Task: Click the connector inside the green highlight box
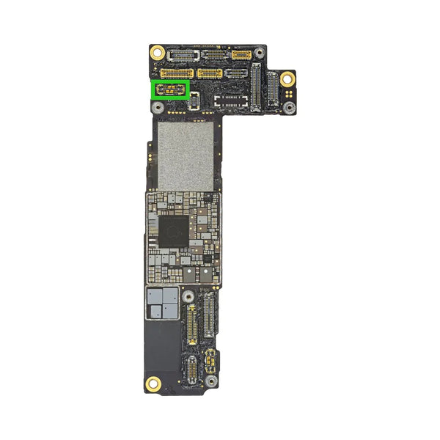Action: coord(171,89)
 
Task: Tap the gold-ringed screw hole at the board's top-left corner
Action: coord(157,53)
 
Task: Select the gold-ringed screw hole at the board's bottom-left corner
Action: coord(153,382)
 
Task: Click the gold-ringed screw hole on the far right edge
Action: coord(287,78)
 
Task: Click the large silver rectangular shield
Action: coord(186,155)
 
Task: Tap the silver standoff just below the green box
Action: coord(158,107)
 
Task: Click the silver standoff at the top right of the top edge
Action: coord(257,52)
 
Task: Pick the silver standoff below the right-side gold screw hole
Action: coord(290,108)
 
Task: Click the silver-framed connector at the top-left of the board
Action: coord(178,55)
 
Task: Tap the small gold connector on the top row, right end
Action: coord(241,55)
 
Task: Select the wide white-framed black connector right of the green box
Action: coord(229,99)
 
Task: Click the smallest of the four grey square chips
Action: coord(155,310)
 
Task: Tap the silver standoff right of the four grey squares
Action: coord(188,296)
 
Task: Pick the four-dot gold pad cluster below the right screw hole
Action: coord(290,95)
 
